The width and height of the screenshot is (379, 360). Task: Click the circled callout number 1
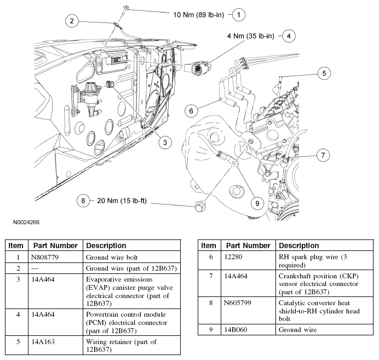click(239, 15)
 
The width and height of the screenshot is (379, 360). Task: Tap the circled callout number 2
click(72, 21)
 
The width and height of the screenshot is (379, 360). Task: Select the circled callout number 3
click(165, 142)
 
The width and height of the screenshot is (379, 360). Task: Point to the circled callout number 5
click(324, 73)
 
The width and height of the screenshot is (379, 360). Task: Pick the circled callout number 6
click(191, 111)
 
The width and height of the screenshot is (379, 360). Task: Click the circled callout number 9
click(257, 203)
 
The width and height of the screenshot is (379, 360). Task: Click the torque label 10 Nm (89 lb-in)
click(199, 15)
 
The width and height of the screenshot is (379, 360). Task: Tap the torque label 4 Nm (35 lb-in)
click(251, 36)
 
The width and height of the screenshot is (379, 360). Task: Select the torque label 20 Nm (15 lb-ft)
click(122, 201)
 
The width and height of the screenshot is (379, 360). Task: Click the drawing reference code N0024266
click(26, 222)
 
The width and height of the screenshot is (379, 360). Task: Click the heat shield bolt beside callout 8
click(199, 208)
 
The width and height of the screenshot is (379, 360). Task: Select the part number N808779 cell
click(45, 257)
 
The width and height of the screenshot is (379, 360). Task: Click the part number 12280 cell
click(233, 257)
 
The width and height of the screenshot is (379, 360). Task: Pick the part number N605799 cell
click(237, 302)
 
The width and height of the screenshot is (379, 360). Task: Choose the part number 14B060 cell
click(236, 330)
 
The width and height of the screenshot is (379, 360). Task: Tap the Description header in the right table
click(298, 245)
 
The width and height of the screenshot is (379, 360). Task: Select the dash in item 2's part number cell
click(35, 268)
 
